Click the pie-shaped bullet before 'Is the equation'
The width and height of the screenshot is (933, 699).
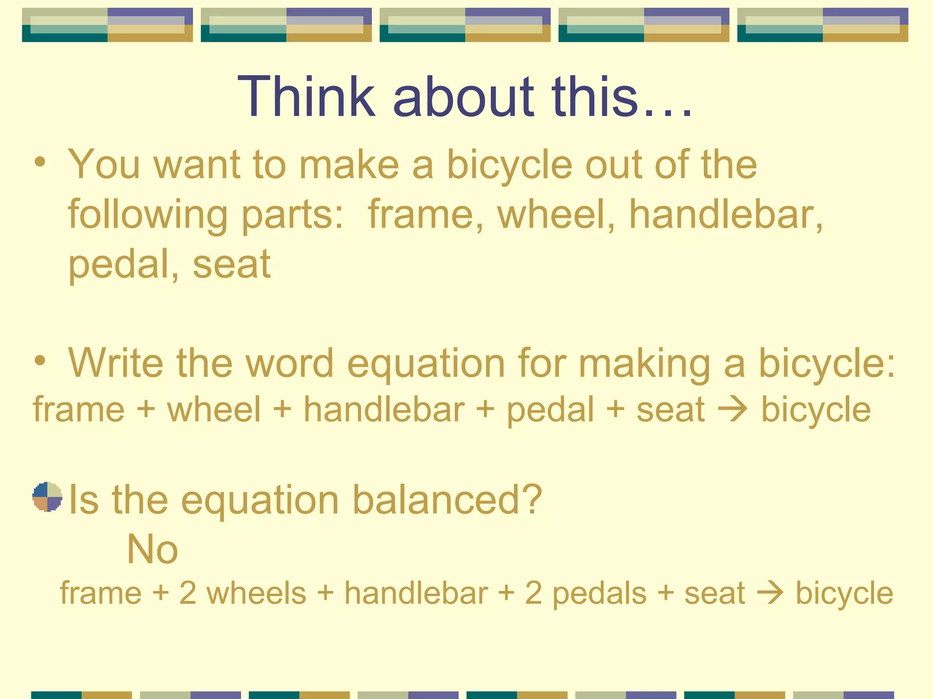pyautogui.click(x=47, y=497)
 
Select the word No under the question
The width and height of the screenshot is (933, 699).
pyautogui.click(x=152, y=549)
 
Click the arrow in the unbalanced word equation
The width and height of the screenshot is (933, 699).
pyautogui.click(x=733, y=409)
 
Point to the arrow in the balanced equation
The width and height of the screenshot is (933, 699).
pyautogui.click(x=770, y=593)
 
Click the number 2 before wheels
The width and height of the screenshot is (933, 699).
pyautogui.click(x=188, y=593)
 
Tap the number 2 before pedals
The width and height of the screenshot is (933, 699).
pyautogui.click(x=533, y=593)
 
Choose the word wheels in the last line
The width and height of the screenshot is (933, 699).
pyautogui.click(x=256, y=593)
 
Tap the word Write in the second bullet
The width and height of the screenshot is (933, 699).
pyautogui.click(x=116, y=363)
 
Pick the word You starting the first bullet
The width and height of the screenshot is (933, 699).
pyautogui.click(x=104, y=165)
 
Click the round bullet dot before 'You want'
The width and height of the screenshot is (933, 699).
pyautogui.click(x=40, y=162)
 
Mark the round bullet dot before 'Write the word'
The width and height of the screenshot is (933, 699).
pyautogui.click(x=40, y=360)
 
